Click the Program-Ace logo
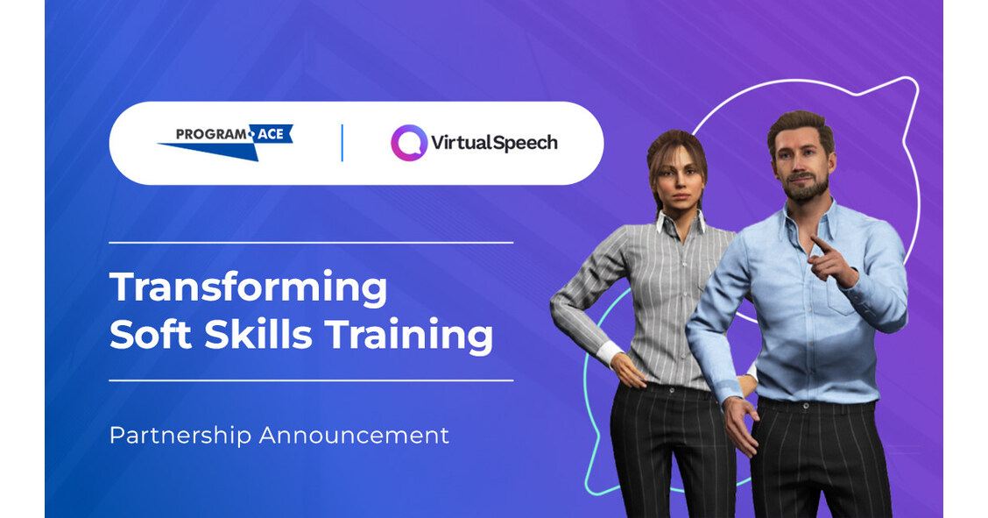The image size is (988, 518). tap(225, 141)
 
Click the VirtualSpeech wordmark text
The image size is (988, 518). tap(494, 143)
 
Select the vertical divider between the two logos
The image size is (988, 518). tap(342, 143)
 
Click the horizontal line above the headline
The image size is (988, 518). tap(311, 242)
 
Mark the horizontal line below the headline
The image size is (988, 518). tap(311, 380)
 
